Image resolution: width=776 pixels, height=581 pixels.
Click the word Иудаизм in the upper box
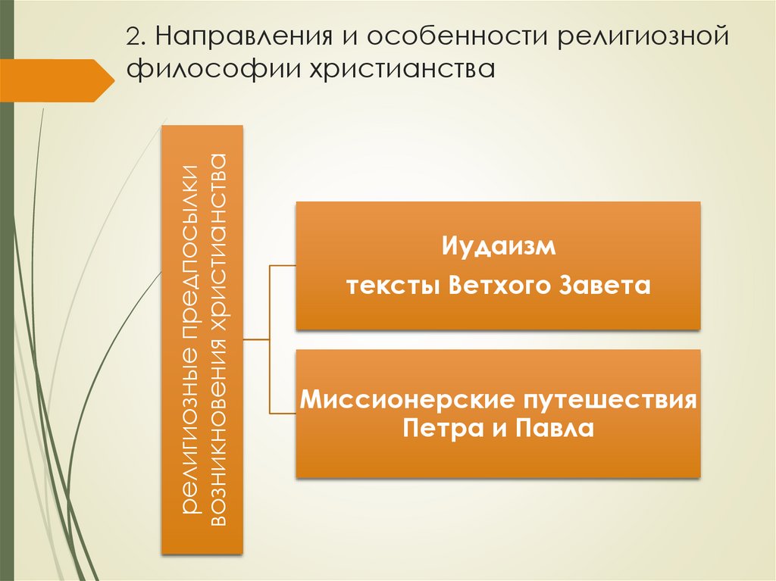498,248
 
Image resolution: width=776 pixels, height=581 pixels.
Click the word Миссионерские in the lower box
397,398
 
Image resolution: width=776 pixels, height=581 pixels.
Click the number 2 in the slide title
133,37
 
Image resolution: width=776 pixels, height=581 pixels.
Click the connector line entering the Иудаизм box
282,266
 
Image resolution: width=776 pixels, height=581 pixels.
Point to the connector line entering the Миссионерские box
282,413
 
